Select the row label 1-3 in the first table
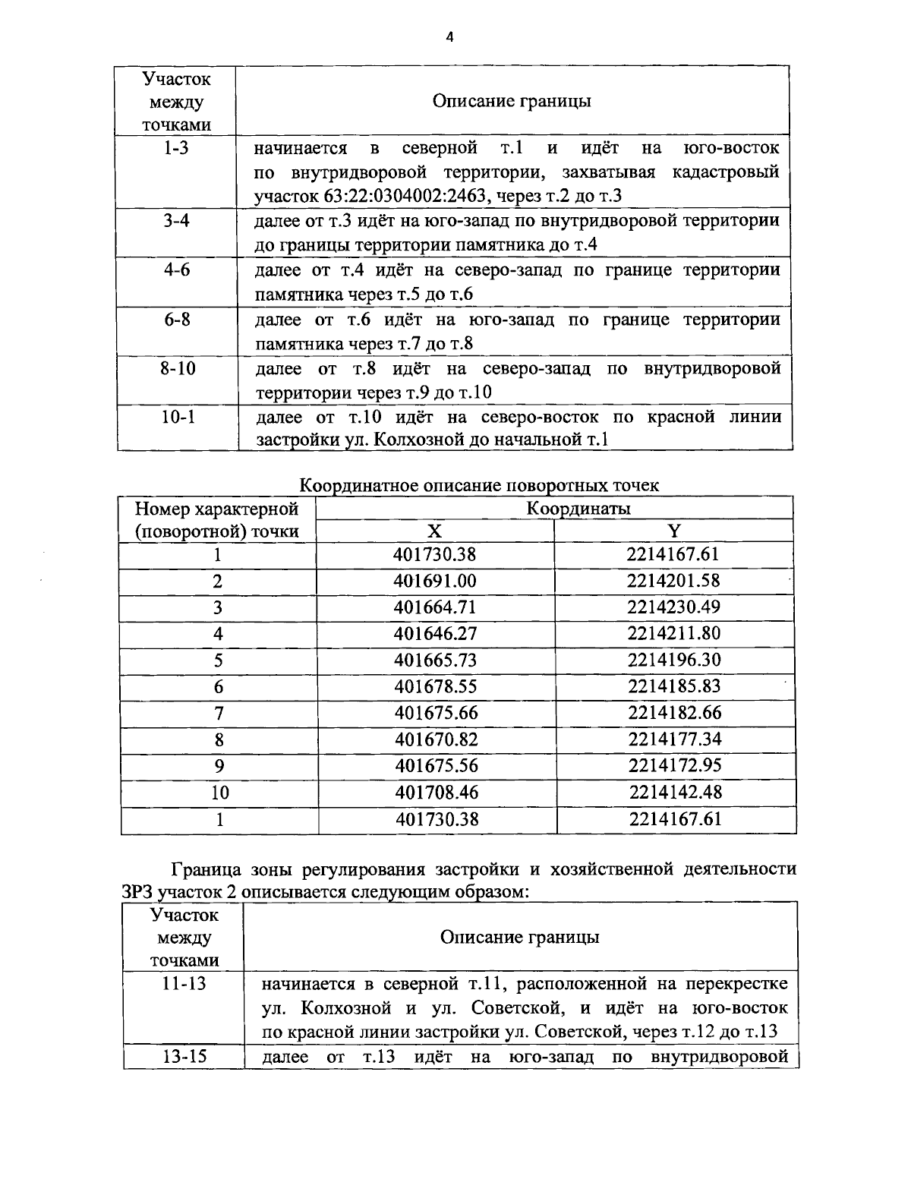(176, 147)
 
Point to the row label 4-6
(176, 270)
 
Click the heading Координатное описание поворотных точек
(480, 484)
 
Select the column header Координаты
(578, 508)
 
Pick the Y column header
(673, 531)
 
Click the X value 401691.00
(434, 581)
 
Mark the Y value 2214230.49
(673, 607)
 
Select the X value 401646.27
(435, 634)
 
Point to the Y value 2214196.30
(674, 660)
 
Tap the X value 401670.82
(436, 739)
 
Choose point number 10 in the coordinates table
(219, 793)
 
